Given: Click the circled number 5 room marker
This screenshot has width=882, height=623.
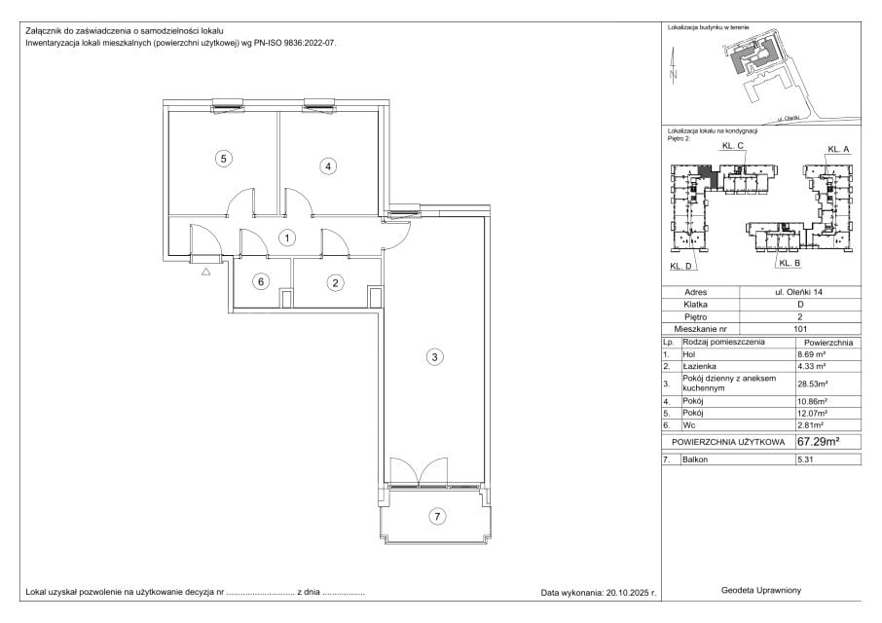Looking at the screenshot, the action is pyautogui.click(x=223, y=159).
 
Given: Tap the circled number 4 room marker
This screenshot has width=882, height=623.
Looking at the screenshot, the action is pyautogui.click(x=328, y=165).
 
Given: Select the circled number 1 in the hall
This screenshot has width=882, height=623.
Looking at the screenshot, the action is pyautogui.click(x=287, y=238).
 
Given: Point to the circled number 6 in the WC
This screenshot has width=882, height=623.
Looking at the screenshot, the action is pyautogui.click(x=261, y=281).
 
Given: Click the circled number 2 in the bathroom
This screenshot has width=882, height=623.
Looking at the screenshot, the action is pyautogui.click(x=335, y=283).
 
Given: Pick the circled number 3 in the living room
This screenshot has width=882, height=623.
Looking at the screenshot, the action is pyautogui.click(x=434, y=356).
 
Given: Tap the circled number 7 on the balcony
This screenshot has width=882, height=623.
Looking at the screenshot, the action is pyautogui.click(x=437, y=516).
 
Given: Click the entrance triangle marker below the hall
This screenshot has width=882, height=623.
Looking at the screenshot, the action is pyautogui.click(x=205, y=273).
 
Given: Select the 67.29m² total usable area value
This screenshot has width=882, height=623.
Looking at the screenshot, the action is pyautogui.click(x=818, y=441).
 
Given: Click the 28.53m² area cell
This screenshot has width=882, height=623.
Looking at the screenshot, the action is pyautogui.click(x=811, y=385).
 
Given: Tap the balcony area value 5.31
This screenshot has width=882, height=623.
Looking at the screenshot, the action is pyautogui.click(x=805, y=459).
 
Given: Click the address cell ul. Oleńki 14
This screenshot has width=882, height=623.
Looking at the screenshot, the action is pyautogui.click(x=799, y=292).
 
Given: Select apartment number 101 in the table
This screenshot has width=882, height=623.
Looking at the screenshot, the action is pyautogui.click(x=800, y=329).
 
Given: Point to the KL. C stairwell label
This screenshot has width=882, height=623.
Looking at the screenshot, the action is pyautogui.click(x=733, y=146).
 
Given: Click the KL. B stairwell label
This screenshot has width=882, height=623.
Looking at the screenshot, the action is pyautogui.click(x=790, y=263).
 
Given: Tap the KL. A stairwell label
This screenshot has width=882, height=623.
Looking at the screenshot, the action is pyautogui.click(x=838, y=149).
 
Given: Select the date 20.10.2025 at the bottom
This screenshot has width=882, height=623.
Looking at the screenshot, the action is pyautogui.click(x=628, y=592).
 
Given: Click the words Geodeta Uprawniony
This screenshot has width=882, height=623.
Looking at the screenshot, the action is pyautogui.click(x=761, y=590).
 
